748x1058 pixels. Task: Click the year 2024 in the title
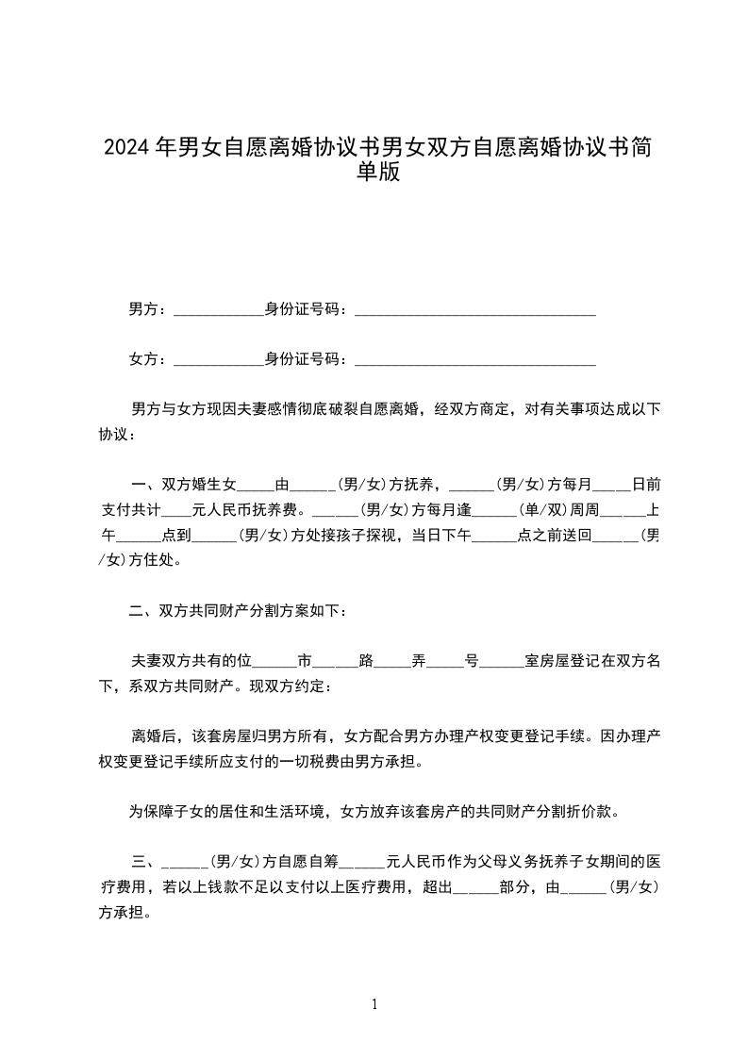(126, 148)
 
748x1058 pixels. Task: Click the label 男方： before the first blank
(149, 308)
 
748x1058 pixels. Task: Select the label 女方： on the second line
(149, 358)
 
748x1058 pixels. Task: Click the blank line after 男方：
(219, 310)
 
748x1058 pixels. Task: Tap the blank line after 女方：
(219, 360)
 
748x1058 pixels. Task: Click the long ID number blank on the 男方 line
(474, 310)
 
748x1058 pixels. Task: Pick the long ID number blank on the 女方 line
(474, 360)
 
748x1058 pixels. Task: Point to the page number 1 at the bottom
(374, 1004)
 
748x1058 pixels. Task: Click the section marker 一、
(146, 486)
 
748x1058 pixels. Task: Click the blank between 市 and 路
(336, 661)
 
